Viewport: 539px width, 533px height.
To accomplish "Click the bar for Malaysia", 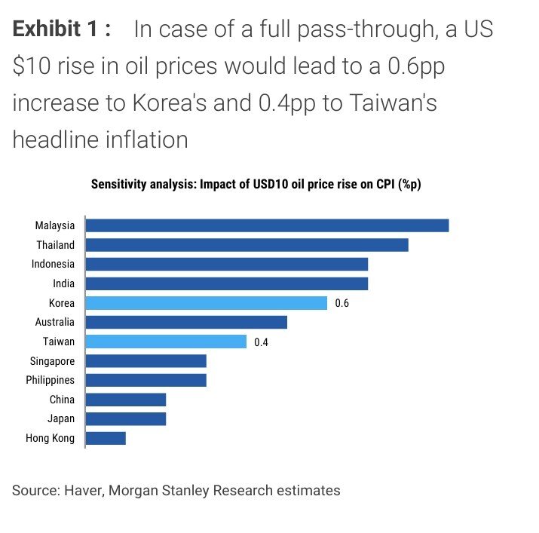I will (267, 225).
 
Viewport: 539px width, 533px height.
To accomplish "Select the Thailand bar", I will (247, 245).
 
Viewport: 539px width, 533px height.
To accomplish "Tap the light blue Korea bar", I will (207, 303).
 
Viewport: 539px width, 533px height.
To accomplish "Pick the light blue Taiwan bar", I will (166, 342).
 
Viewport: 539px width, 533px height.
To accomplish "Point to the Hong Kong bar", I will (106, 438).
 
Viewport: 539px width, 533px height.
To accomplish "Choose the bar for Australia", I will (186, 322).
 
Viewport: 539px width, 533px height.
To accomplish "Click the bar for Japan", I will (126, 418).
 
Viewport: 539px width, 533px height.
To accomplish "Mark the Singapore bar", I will (146, 361).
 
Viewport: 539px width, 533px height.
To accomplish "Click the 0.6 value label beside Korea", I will (342, 303).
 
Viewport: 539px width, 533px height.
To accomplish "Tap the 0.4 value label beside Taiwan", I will (262, 342).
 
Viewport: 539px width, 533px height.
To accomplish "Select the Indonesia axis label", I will (53, 264).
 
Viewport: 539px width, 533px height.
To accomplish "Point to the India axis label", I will (63, 283).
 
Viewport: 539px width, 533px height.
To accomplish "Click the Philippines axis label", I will (51, 380).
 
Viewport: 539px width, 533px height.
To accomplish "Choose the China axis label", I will (62, 400).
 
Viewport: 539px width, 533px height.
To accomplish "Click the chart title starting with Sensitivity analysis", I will (256, 184).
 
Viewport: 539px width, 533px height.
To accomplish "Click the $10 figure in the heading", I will (33, 66).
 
